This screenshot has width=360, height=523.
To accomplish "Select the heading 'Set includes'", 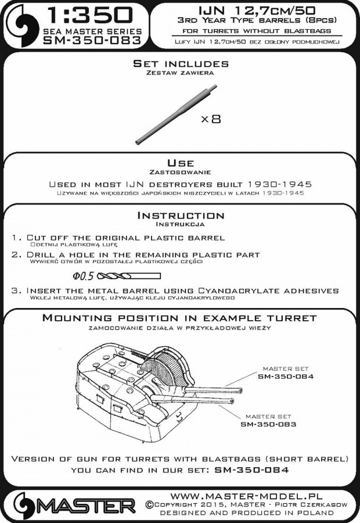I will [180, 64].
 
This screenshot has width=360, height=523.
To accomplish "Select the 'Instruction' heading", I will [180, 215].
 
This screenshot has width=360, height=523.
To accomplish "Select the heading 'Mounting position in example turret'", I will [180, 318].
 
